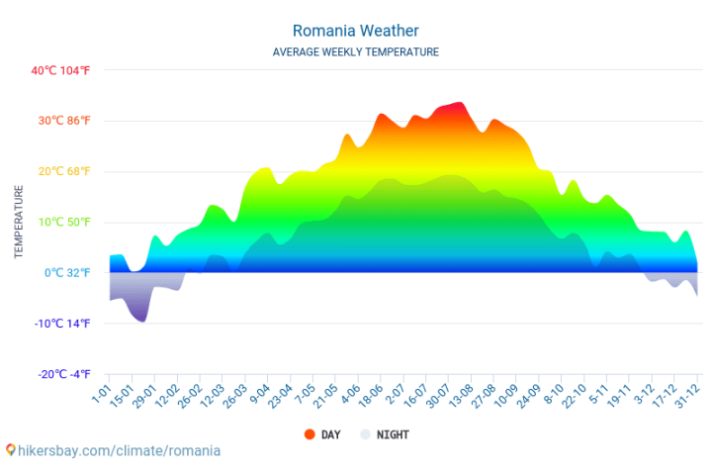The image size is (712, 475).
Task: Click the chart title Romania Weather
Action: (355, 31)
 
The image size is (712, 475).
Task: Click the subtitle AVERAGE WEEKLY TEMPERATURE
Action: (355, 51)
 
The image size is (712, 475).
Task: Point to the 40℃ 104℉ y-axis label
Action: (60, 70)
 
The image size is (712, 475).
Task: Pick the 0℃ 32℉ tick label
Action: (65, 272)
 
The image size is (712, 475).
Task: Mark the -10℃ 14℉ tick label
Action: (61, 324)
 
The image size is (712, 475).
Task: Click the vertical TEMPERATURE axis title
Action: (19, 222)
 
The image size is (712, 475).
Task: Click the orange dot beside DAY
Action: (309, 434)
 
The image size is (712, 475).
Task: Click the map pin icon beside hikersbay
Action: (10, 450)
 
